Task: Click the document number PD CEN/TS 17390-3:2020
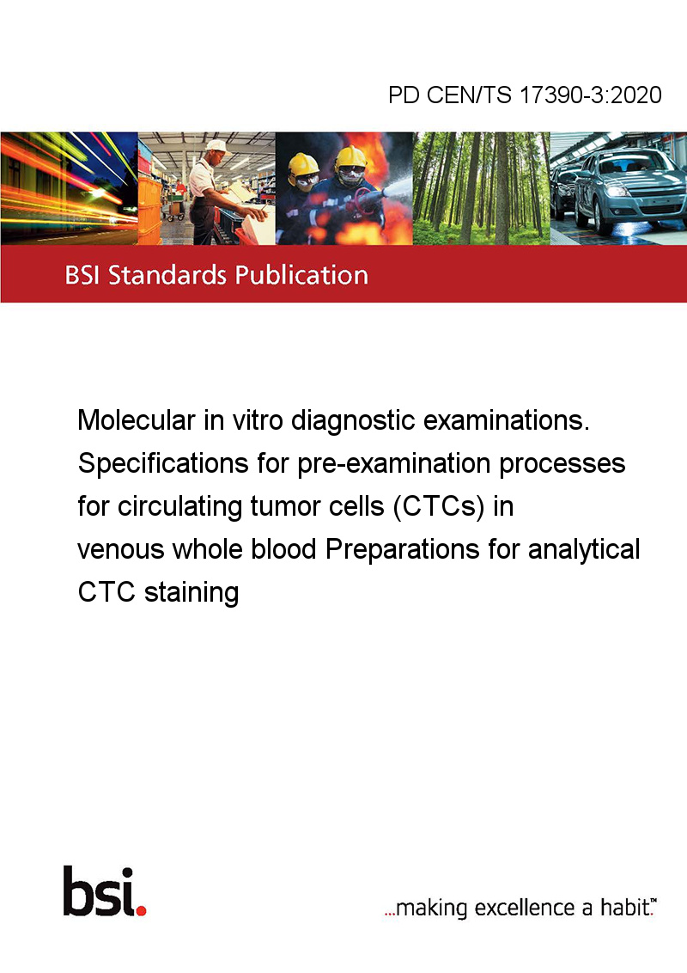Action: click(525, 95)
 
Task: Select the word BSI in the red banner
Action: click(83, 275)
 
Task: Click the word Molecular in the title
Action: click(137, 420)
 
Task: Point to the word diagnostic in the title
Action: click(353, 421)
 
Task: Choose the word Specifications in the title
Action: click(163, 464)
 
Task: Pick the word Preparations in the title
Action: click(403, 550)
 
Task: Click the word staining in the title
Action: click(192, 592)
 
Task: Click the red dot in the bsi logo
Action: click(141, 910)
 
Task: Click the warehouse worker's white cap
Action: click(217, 146)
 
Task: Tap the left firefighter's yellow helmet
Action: click(304, 164)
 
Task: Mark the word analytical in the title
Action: click(584, 550)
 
